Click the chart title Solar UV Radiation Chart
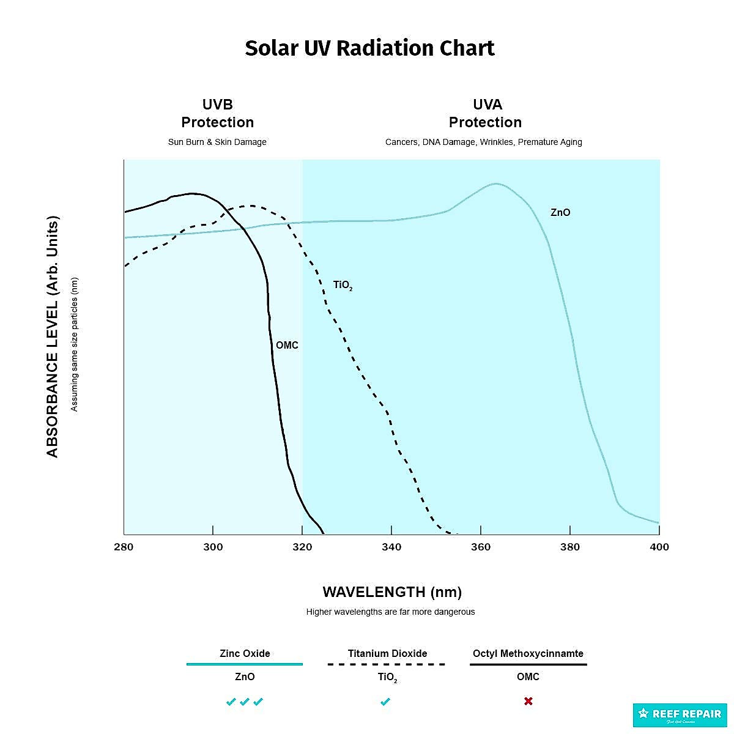click(369, 48)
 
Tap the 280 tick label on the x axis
click(124, 547)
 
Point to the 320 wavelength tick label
click(302, 547)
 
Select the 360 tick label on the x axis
click(481, 547)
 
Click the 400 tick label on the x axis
click(659, 547)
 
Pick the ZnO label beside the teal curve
click(560, 213)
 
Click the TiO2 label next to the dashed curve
click(343, 285)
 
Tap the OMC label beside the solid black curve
click(287, 346)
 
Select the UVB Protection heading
click(217, 113)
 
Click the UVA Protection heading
click(485, 113)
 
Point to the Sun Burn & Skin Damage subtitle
click(217, 142)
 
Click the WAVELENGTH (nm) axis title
click(392, 592)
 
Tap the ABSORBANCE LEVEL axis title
click(53, 336)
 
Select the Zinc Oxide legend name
click(245, 653)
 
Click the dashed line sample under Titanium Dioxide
click(387, 664)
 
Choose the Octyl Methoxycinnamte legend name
click(528, 653)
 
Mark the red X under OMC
click(528, 701)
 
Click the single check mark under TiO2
click(385, 702)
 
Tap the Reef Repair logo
click(680, 714)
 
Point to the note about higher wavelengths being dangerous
click(390, 612)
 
